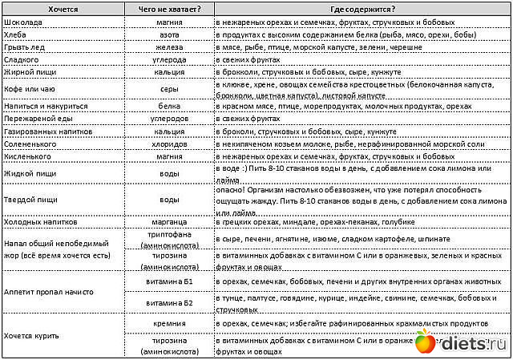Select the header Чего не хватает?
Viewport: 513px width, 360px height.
click(x=169, y=9)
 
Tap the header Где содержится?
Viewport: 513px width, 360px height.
click(x=362, y=9)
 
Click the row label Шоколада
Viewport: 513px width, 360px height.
click(x=23, y=22)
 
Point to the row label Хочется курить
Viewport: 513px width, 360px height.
click(x=32, y=335)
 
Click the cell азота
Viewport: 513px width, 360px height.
click(x=169, y=35)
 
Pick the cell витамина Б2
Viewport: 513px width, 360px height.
click(x=169, y=303)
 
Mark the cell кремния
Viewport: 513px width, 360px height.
click(x=169, y=323)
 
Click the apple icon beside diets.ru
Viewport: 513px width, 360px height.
click(x=425, y=343)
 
